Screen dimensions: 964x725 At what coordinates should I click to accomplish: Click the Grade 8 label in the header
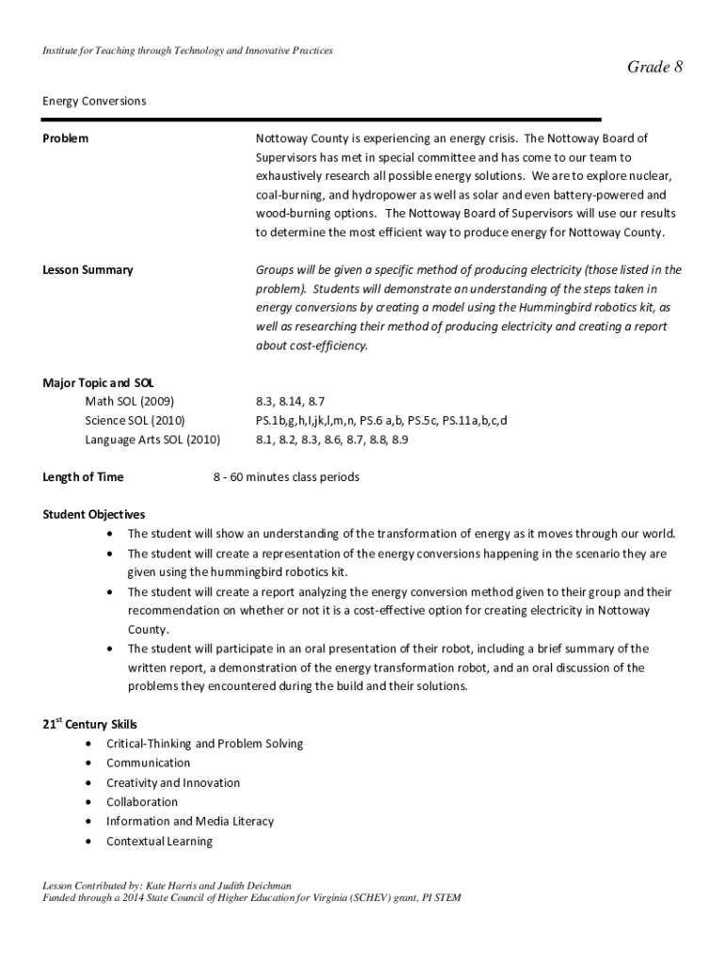[x=654, y=66]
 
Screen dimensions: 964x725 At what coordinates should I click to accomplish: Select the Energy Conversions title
[x=94, y=101]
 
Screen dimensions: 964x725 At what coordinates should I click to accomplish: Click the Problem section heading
[x=66, y=138]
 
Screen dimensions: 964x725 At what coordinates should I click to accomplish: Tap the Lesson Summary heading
[x=88, y=270]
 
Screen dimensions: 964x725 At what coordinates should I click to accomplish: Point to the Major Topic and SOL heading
[x=99, y=382]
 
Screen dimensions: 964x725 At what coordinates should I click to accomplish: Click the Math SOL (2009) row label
[x=129, y=401]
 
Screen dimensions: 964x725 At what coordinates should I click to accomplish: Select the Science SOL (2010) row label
[x=135, y=420]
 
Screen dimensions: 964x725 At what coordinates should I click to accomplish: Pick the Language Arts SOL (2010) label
[x=153, y=439]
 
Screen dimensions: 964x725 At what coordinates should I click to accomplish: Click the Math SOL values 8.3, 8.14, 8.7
[x=290, y=401]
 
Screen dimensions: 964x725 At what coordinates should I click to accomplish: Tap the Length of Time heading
[x=83, y=477]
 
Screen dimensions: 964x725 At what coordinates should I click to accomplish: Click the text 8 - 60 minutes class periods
[x=286, y=477]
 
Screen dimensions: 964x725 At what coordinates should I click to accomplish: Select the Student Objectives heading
[x=94, y=515]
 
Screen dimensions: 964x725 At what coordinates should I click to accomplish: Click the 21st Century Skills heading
[x=90, y=724]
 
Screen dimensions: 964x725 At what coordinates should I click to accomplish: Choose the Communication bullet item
[x=148, y=763]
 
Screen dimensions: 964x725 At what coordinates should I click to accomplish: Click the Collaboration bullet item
[x=141, y=802]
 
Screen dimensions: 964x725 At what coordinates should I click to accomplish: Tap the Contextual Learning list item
[x=159, y=841]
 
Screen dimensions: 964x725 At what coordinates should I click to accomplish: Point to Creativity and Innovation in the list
[x=172, y=783]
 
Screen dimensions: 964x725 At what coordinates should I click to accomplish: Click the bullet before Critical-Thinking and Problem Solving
[x=89, y=744]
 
